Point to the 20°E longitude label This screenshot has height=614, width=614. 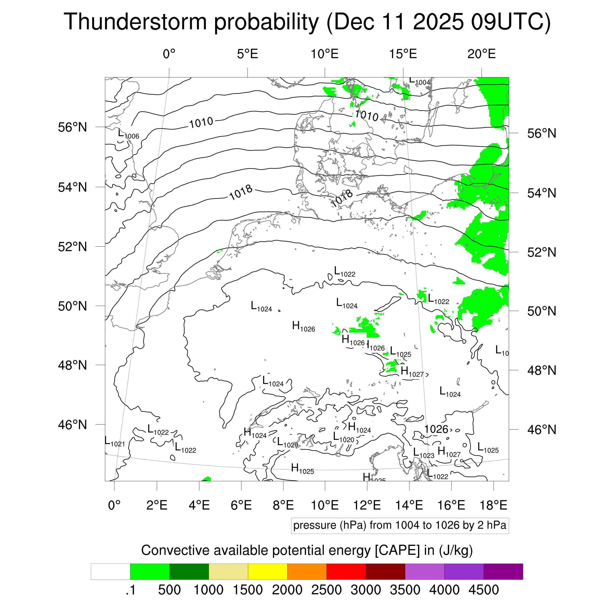(481, 54)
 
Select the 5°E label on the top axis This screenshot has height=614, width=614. (247, 54)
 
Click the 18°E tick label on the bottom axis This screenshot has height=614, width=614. (493, 505)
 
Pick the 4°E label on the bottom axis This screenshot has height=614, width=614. (199, 505)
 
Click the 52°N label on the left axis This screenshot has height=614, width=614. (72, 247)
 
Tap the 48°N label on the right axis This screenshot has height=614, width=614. (542, 371)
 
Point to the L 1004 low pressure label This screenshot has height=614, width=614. (419, 81)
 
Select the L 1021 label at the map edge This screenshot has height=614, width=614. (115, 442)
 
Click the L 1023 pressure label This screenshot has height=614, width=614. (423, 453)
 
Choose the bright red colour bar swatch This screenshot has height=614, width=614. (346, 572)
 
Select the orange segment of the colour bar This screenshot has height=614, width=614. (307, 572)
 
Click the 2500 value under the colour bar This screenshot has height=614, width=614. (326, 590)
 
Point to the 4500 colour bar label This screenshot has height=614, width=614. (483, 590)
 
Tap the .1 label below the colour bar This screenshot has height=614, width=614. (131, 590)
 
